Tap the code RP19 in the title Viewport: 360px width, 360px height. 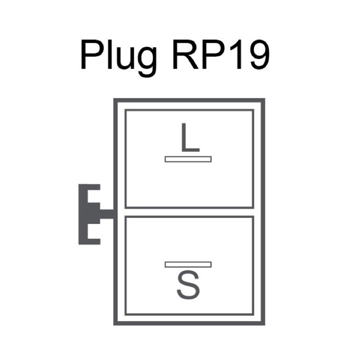(221, 55)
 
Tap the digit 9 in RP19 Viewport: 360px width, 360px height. (258, 55)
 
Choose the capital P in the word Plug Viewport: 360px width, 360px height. (93, 55)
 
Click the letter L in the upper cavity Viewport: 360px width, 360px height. (190, 137)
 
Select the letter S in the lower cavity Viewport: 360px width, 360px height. (188, 285)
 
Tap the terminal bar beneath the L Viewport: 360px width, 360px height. (188, 159)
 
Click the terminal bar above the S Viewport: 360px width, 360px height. (188, 265)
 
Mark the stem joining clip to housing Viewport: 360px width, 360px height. (107, 214)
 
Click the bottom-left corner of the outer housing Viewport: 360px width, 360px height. (115, 324)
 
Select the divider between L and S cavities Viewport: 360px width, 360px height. (189, 212)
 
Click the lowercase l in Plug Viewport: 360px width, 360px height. (109, 55)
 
